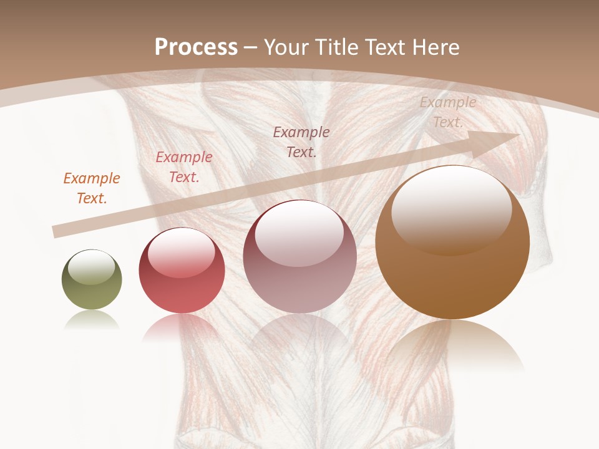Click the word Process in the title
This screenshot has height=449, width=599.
(196, 47)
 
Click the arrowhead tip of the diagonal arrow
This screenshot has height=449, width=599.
(518, 134)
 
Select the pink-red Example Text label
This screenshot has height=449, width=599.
(183, 167)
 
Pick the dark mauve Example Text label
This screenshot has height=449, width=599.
(301, 142)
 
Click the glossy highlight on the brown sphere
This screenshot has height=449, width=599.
(451, 209)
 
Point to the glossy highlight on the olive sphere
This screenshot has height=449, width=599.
(91, 268)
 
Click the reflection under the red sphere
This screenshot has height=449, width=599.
(181, 327)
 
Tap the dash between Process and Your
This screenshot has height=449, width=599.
(251, 47)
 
